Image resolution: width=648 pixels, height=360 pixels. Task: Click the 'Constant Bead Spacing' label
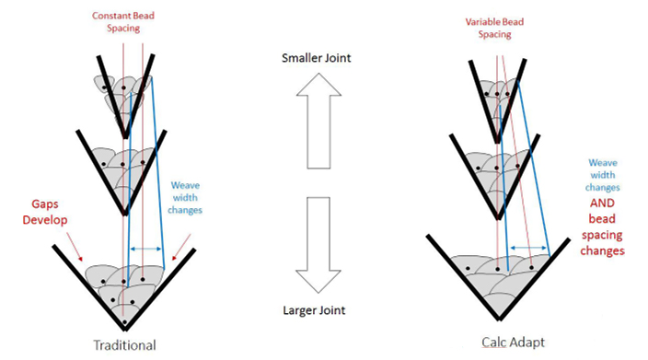(x=123, y=22)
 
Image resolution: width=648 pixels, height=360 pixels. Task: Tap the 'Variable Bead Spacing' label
(x=494, y=29)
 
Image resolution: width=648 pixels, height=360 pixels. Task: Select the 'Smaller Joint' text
(x=316, y=58)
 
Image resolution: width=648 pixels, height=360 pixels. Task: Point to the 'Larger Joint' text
(x=314, y=310)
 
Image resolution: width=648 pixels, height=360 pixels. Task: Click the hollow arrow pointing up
(x=318, y=121)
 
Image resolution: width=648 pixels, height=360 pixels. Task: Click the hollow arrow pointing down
(x=318, y=245)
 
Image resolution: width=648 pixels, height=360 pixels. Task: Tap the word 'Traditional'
(x=125, y=345)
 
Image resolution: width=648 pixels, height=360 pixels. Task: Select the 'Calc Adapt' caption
(x=514, y=343)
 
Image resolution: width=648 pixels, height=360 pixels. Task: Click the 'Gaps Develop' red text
(x=44, y=212)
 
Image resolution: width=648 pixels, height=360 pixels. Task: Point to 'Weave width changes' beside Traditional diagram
(x=185, y=198)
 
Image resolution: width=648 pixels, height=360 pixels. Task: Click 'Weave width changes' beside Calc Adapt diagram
(x=603, y=175)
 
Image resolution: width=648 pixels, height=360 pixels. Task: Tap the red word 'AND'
(x=602, y=203)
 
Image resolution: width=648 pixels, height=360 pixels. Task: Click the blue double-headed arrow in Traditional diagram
(x=145, y=249)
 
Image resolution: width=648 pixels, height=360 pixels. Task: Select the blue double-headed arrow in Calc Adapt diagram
(x=528, y=248)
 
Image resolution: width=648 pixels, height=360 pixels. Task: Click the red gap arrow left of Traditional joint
(x=75, y=248)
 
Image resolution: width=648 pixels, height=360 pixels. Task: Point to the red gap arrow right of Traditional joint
(x=182, y=247)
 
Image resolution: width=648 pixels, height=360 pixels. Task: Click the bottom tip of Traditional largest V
(x=125, y=330)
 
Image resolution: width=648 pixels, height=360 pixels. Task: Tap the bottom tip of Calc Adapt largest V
(x=499, y=319)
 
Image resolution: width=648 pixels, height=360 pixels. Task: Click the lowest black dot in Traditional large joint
(x=124, y=321)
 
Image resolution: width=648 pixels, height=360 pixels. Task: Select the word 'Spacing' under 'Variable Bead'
(x=494, y=34)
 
